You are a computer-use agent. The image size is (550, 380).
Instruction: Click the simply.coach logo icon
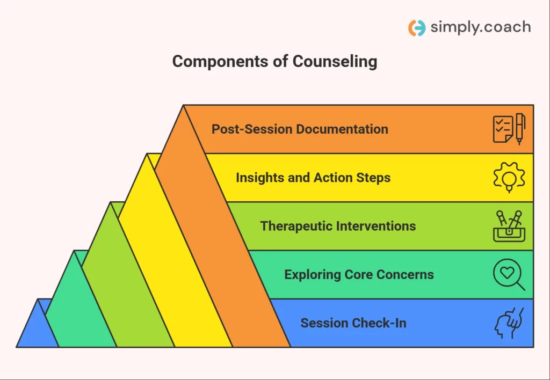(x=417, y=28)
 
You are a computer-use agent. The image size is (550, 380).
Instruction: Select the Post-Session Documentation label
(x=300, y=129)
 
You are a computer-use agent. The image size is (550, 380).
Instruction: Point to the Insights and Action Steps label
(x=313, y=178)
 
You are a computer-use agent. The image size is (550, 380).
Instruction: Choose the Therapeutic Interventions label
(x=338, y=226)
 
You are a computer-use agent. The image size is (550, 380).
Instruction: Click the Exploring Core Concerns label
(x=359, y=274)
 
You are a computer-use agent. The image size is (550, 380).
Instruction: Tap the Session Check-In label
(x=353, y=323)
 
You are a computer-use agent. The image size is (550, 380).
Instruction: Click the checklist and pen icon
(x=509, y=129)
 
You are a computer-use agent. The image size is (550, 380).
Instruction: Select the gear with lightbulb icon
(x=509, y=177)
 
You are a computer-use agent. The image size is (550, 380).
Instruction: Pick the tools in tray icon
(x=509, y=226)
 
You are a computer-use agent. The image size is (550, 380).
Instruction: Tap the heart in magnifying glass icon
(x=509, y=275)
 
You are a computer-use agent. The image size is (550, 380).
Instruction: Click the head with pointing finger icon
(x=509, y=323)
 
